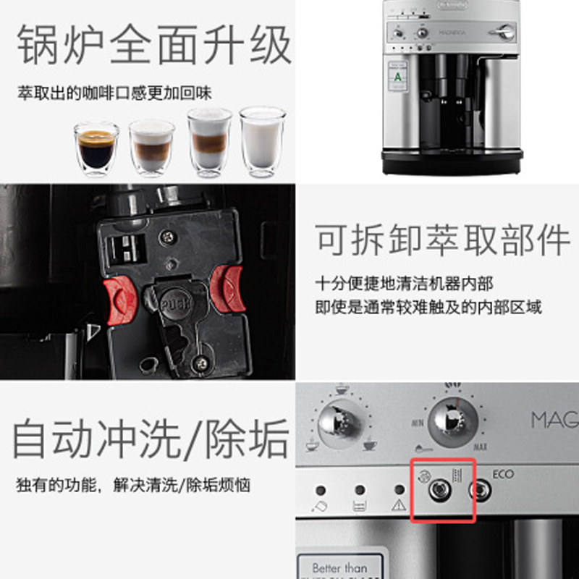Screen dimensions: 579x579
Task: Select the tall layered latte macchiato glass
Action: [x=209, y=141]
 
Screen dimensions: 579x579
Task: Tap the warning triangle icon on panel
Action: [x=397, y=505]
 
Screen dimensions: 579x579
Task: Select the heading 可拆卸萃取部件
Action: [x=442, y=239]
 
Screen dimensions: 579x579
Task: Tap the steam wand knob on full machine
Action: [x=502, y=32]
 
